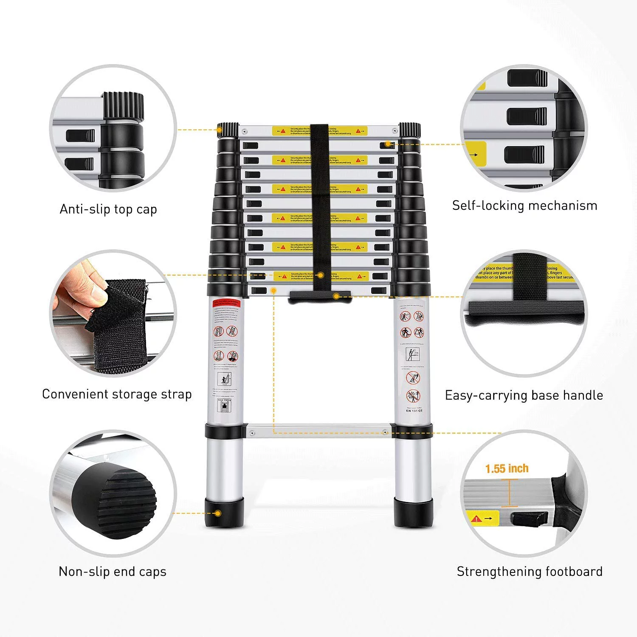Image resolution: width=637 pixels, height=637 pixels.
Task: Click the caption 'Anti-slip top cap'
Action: tap(108, 209)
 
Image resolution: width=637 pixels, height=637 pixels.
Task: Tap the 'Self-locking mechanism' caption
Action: tap(524, 206)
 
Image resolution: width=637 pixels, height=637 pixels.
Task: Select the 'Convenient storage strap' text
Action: tap(117, 395)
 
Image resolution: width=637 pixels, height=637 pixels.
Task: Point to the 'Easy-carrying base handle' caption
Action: tap(524, 395)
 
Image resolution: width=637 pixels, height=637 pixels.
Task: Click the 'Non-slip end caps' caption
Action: tap(113, 572)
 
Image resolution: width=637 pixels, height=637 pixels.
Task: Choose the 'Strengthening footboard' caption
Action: tap(530, 572)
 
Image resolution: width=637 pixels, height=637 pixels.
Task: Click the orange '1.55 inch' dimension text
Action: tap(507, 469)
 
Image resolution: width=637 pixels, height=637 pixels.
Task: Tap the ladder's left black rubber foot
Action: tap(225, 512)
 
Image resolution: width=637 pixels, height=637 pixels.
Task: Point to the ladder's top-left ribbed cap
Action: tap(228, 130)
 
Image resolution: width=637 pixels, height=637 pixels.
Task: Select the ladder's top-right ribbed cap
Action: tap(410, 130)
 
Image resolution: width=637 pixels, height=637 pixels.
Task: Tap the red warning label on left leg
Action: tap(226, 304)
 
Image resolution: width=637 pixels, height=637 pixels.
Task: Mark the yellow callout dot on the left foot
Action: tap(218, 513)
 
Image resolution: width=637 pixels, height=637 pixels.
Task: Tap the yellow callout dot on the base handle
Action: tap(336, 296)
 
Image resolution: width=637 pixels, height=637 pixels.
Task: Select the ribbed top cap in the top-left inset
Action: tap(123, 106)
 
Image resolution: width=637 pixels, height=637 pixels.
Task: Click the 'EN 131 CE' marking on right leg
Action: tap(414, 411)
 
